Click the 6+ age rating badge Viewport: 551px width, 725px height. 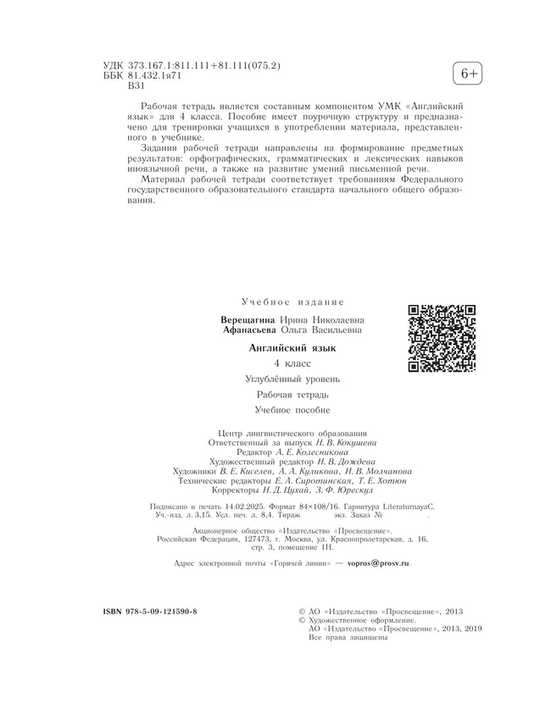[x=468, y=75]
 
